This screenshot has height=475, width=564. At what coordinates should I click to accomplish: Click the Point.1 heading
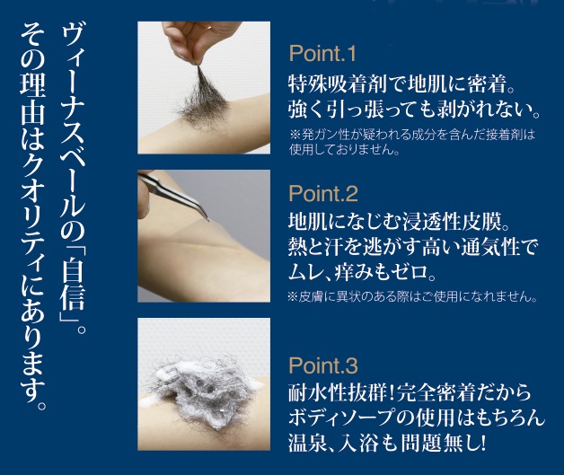pyautogui.click(x=322, y=54)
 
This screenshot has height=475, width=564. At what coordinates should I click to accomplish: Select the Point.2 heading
pyautogui.click(x=323, y=193)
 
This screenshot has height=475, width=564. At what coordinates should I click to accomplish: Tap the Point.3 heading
pyautogui.click(x=323, y=365)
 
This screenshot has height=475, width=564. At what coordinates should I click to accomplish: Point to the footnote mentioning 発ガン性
pyautogui.click(x=412, y=142)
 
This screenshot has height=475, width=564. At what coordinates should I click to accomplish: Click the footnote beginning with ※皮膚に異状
pyautogui.click(x=412, y=297)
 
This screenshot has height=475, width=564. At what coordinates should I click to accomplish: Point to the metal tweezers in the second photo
pyautogui.click(x=172, y=195)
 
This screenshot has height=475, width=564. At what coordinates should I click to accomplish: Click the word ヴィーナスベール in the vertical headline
pyautogui.click(x=73, y=133)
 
